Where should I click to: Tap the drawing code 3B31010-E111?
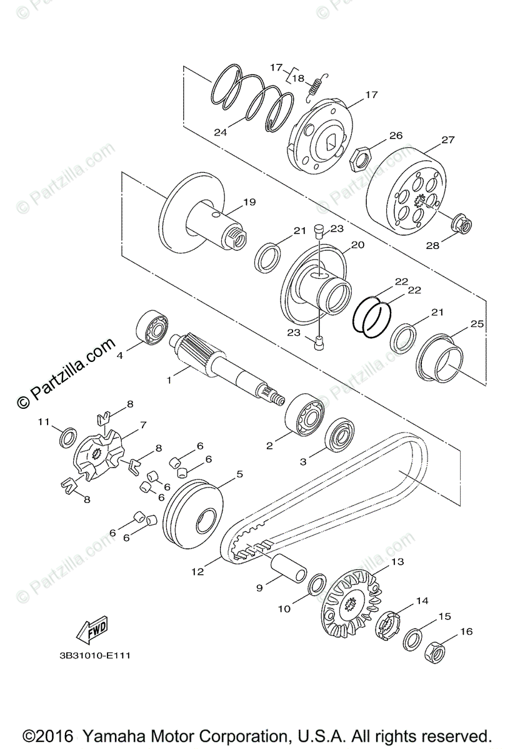pyautogui.click(x=92, y=656)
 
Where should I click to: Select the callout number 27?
pyautogui.click(x=447, y=140)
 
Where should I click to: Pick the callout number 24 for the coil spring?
pyautogui.click(x=220, y=132)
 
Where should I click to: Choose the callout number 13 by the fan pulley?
pyautogui.click(x=397, y=562)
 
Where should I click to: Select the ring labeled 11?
pyautogui.click(x=69, y=438)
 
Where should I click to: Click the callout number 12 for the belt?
pyautogui.click(x=198, y=571)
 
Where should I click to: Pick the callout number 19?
pyautogui.click(x=250, y=202)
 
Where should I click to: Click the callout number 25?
pyautogui.click(x=477, y=325)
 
